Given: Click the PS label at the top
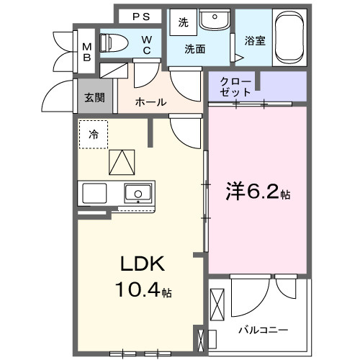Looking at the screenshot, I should [141, 16].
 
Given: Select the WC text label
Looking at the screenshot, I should [146, 45].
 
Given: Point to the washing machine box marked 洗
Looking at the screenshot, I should [183, 22].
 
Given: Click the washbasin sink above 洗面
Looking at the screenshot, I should [212, 20].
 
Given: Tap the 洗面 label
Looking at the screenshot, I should [194, 50].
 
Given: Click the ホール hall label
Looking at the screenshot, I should [151, 102].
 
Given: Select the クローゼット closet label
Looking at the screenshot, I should [236, 86].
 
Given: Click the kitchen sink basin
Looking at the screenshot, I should [137, 193].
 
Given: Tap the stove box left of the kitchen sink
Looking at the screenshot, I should [95, 193].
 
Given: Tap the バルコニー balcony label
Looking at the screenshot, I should [264, 330].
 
